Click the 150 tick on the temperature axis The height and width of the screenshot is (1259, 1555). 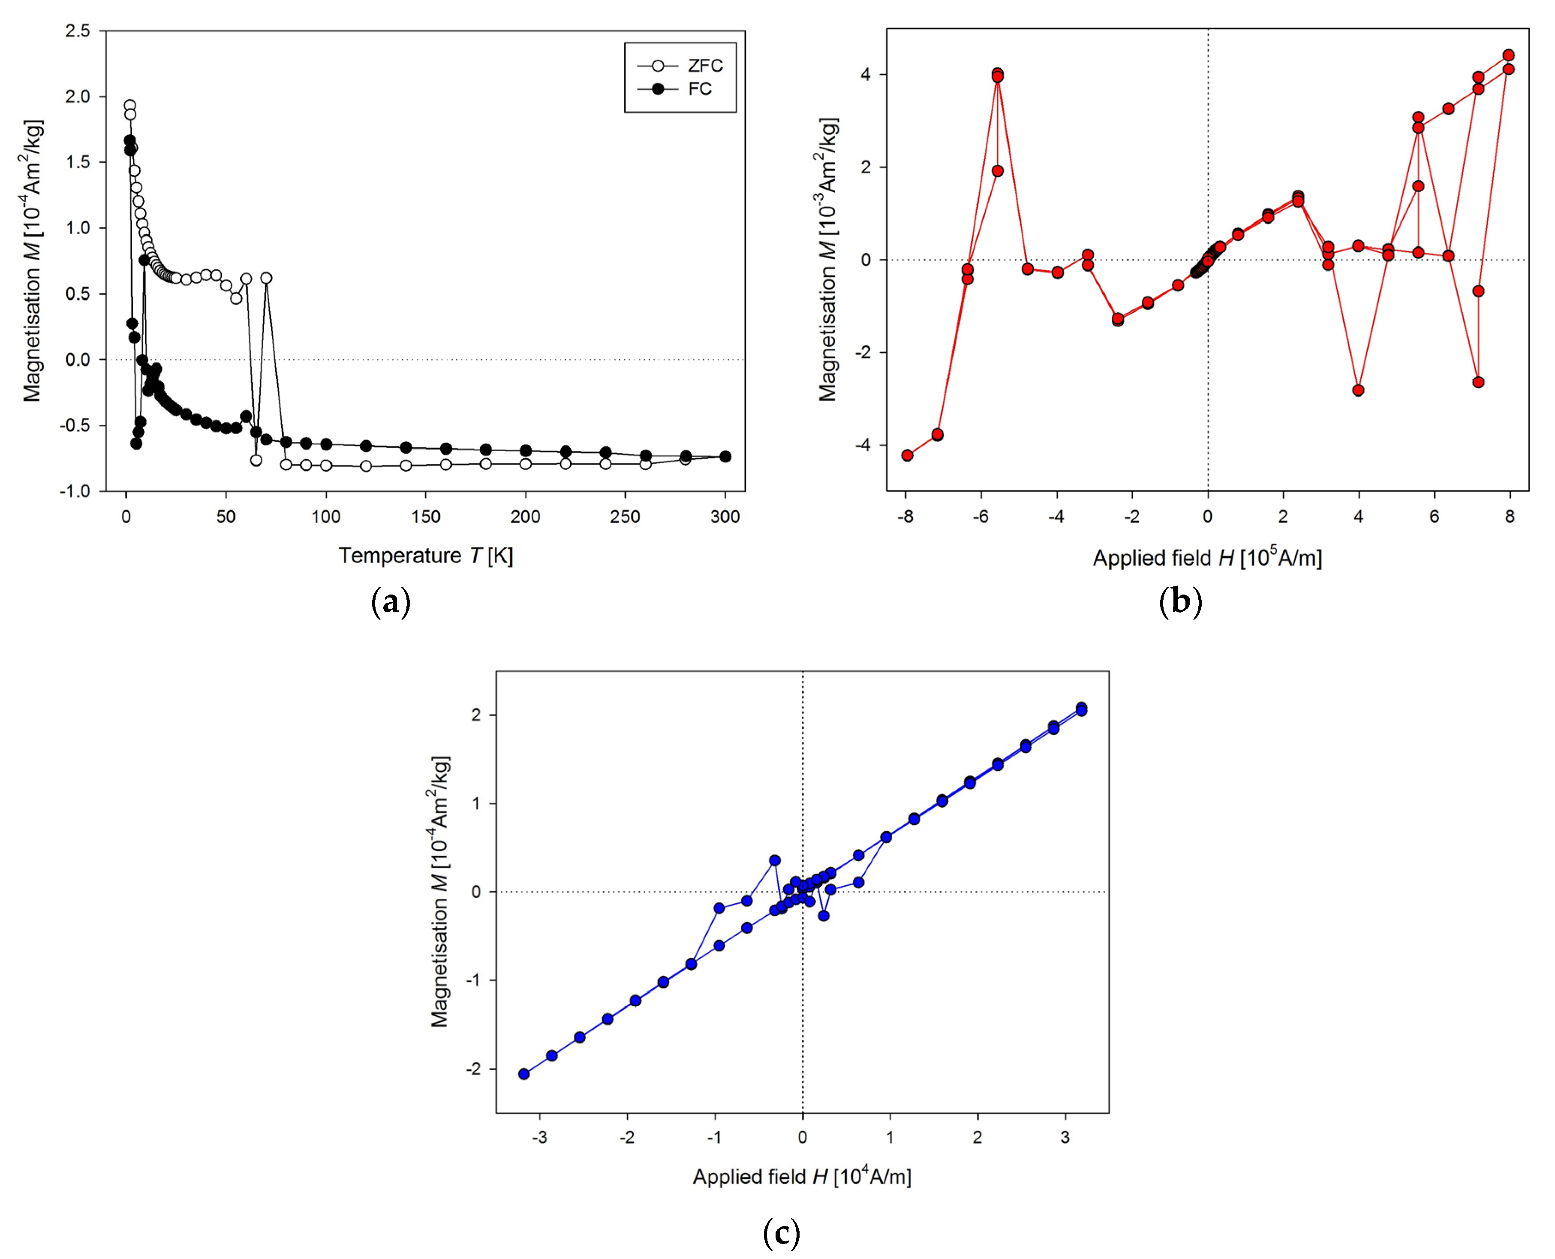click(x=426, y=517)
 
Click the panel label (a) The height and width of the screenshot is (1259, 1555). click(x=391, y=602)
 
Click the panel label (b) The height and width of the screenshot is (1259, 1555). click(x=1180, y=602)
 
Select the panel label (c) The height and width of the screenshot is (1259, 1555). click(x=782, y=1232)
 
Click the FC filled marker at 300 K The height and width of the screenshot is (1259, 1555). click(x=725, y=456)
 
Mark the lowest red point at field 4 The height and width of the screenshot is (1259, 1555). click(x=1358, y=390)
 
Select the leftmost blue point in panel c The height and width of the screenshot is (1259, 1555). click(x=523, y=1074)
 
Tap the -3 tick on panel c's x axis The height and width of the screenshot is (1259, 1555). click(x=539, y=1137)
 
